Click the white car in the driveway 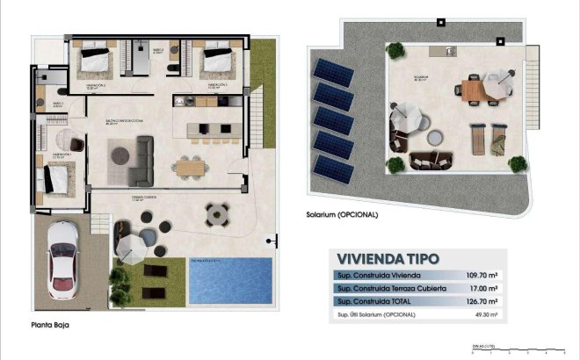coord(62,256)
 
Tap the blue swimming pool coord(230,282)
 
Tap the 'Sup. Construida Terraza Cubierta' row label coord(392,288)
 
